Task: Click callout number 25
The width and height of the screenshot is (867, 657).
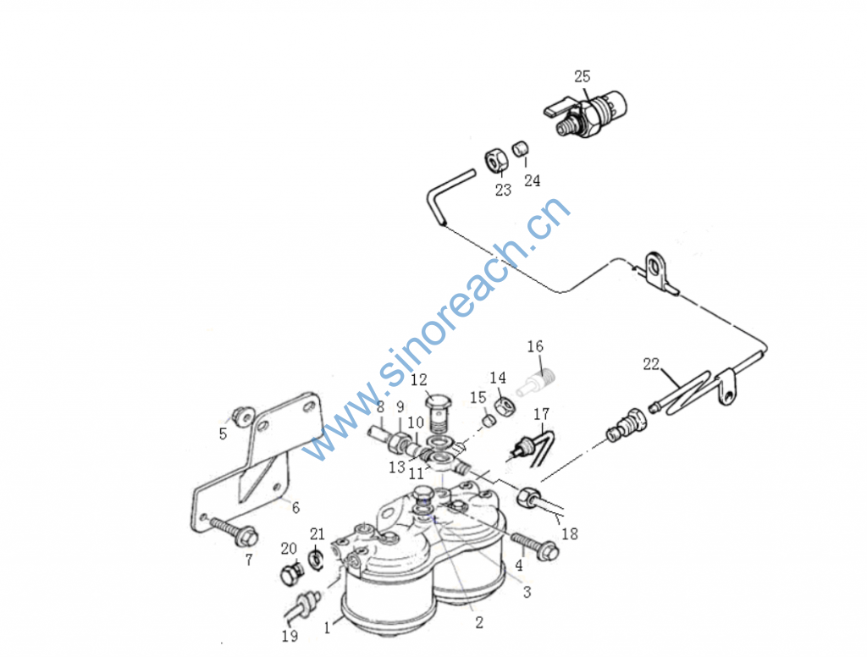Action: click(x=583, y=76)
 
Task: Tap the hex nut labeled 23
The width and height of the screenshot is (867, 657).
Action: click(x=495, y=160)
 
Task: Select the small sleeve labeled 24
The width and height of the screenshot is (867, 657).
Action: click(x=519, y=148)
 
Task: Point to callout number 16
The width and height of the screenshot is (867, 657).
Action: click(x=535, y=347)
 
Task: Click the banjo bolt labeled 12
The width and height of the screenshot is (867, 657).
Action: click(x=439, y=412)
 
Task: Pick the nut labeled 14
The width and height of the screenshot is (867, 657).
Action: click(x=505, y=407)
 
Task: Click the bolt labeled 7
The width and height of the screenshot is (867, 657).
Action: click(x=235, y=528)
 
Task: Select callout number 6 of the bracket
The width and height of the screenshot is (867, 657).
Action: click(x=295, y=508)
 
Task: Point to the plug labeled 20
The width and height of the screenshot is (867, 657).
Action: click(x=291, y=575)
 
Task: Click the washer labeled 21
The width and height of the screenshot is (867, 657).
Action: click(x=316, y=560)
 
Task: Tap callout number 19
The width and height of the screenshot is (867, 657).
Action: click(x=290, y=637)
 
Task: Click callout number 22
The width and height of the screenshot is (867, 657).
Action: click(x=651, y=364)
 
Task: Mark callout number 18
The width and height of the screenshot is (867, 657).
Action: click(x=570, y=533)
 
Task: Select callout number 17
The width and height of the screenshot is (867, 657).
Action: click(x=541, y=414)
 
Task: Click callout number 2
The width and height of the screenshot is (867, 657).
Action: click(x=479, y=623)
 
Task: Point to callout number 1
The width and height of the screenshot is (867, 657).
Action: click(x=328, y=628)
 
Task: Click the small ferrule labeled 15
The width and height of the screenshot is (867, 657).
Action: click(x=488, y=421)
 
